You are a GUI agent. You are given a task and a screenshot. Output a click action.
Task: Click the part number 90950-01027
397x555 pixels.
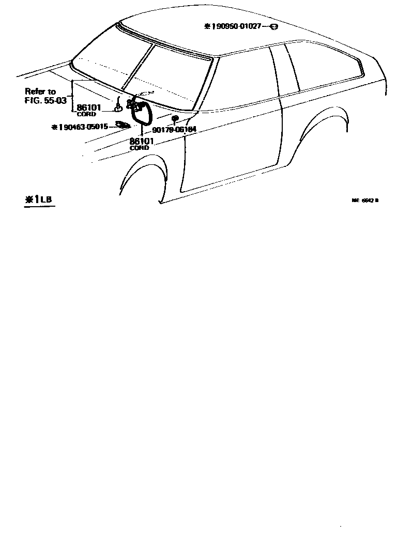239,26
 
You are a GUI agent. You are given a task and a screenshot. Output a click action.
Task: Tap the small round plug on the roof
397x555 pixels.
274,26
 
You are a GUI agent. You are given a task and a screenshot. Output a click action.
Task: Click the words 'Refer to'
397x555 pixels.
40,91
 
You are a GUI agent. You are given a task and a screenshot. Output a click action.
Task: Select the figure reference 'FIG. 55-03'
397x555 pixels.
45,100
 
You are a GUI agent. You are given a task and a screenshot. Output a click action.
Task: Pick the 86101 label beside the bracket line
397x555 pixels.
89,108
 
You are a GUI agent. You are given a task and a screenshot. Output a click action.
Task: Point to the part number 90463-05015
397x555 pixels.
83,126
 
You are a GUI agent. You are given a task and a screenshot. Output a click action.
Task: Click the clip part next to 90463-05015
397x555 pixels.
123,125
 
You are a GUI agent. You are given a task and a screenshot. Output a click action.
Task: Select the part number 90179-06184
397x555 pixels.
174,130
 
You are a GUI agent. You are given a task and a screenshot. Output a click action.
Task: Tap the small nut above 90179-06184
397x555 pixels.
174,119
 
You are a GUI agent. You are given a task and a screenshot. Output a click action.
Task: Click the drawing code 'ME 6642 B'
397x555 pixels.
365,202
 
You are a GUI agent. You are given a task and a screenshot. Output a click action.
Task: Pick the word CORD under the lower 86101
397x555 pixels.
139,148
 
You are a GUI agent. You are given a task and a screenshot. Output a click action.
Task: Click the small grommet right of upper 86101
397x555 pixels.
118,107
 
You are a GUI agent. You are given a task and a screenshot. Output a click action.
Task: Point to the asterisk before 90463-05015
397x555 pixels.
54,126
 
